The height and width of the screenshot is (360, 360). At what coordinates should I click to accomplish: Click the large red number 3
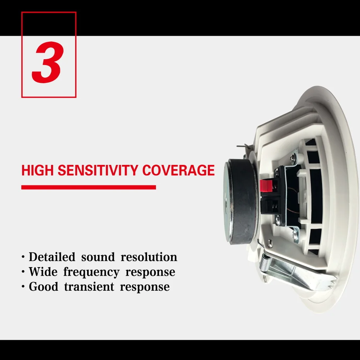click(48, 62)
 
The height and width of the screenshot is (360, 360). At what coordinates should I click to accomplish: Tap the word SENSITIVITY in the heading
click(98, 170)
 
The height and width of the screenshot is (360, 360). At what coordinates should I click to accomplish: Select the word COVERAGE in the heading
click(178, 170)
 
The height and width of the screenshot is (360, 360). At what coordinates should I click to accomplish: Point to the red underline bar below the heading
click(89, 187)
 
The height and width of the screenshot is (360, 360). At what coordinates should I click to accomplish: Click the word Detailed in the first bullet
click(52, 257)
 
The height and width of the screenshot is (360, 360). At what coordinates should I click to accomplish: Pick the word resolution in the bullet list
click(149, 257)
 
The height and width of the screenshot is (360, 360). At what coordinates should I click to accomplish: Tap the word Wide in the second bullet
click(43, 272)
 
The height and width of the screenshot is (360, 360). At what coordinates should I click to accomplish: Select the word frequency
click(91, 273)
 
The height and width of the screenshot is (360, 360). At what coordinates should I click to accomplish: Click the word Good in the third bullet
click(43, 286)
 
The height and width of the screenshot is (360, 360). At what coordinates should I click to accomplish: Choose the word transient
click(89, 286)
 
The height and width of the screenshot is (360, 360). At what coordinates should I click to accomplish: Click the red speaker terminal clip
click(266, 186)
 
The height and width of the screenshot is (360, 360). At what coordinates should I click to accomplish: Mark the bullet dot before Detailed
click(23, 257)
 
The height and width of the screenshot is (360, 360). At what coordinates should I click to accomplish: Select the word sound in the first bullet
click(98, 257)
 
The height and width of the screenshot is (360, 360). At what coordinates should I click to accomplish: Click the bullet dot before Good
click(23, 287)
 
